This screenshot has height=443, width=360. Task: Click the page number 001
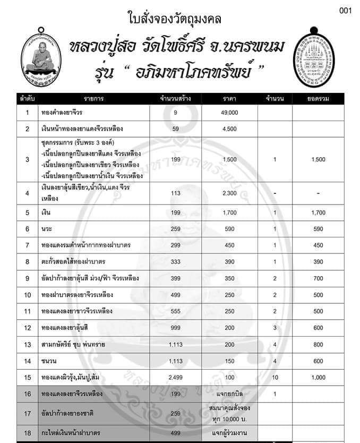[345, 12]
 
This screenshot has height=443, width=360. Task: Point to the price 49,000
[230, 113]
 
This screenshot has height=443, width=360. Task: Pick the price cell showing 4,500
[230, 129]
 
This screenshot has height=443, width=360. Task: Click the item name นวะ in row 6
[47, 229]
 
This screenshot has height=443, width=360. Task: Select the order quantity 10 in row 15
[275, 377]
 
